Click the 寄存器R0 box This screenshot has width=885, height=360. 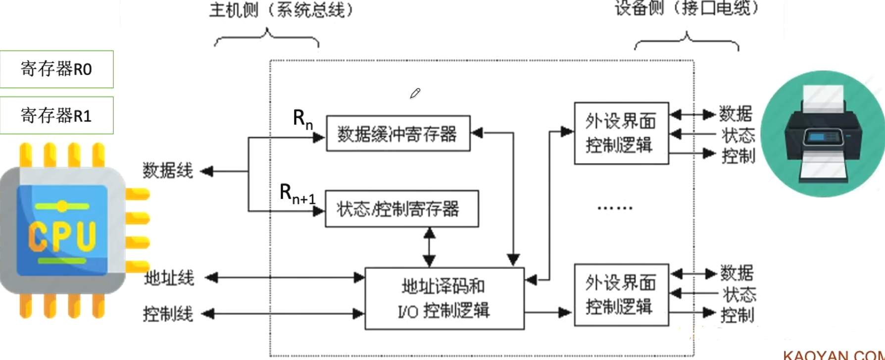pyautogui.click(x=56, y=69)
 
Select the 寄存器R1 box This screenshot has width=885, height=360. pyautogui.click(x=56, y=115)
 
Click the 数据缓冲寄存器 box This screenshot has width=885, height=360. pyautogui.click(x=398, y=134)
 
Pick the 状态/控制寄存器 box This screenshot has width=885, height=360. pyautogui.click(x=401, y=209)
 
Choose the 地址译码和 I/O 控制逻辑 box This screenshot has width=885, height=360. pyautogui.click(x=444, y=299)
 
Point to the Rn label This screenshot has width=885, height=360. pyautogui.click(x=302, y=119)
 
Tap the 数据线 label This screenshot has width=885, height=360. pyautogui.click(x=168, y=171)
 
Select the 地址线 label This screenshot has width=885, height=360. pyautogui.click(x=169, y=278)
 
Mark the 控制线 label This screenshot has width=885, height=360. pyautogui.click(x=168, y=314)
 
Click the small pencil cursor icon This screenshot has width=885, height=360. pyautogui.click(x=415, y=93)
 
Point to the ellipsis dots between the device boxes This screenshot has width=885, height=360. pyautogui.click(x=615, y=208)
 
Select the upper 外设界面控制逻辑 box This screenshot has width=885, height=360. pyautogui.click(x=621, y=133)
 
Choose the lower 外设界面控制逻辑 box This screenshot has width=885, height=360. pyautogui.click(x=621, y=295)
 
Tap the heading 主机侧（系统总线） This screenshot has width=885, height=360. pyautogui.click(x=281, y=10)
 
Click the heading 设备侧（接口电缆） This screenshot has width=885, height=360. pyautogui.click(x=686, y=8)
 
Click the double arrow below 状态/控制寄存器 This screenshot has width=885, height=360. pyautogui.click(x=429, y=247)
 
